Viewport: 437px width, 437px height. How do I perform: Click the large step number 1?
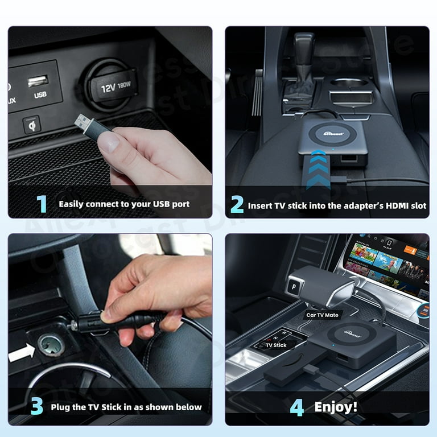(x=42, y=204)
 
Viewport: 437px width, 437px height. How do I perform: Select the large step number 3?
(x=36, y=406)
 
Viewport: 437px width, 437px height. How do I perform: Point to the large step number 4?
(x=296, y=407)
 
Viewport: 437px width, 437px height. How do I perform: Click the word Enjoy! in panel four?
(x=336, y=407)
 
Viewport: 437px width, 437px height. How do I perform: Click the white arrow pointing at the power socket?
(x=22, y=353)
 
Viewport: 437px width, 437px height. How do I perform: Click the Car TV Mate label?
(x=323, y=315)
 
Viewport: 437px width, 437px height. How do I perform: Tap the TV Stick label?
(x=277, y=345)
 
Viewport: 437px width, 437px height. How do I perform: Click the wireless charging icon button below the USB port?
(x=31, y=124)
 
